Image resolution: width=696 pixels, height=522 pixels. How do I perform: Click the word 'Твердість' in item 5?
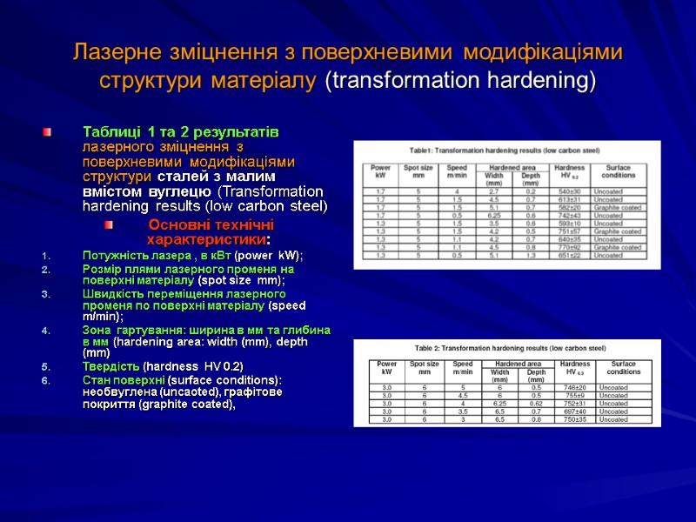tap(110, 365)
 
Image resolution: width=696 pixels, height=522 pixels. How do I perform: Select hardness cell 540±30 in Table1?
tap(569, 191)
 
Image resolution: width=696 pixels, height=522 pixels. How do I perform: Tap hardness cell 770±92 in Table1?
tap(569, 247)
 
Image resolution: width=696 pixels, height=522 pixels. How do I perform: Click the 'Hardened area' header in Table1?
tap(509, 165)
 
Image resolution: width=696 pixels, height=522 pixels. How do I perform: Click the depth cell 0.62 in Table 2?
tap(536, 403)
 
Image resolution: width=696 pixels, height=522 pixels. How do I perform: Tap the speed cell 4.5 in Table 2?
tap(462, 395)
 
